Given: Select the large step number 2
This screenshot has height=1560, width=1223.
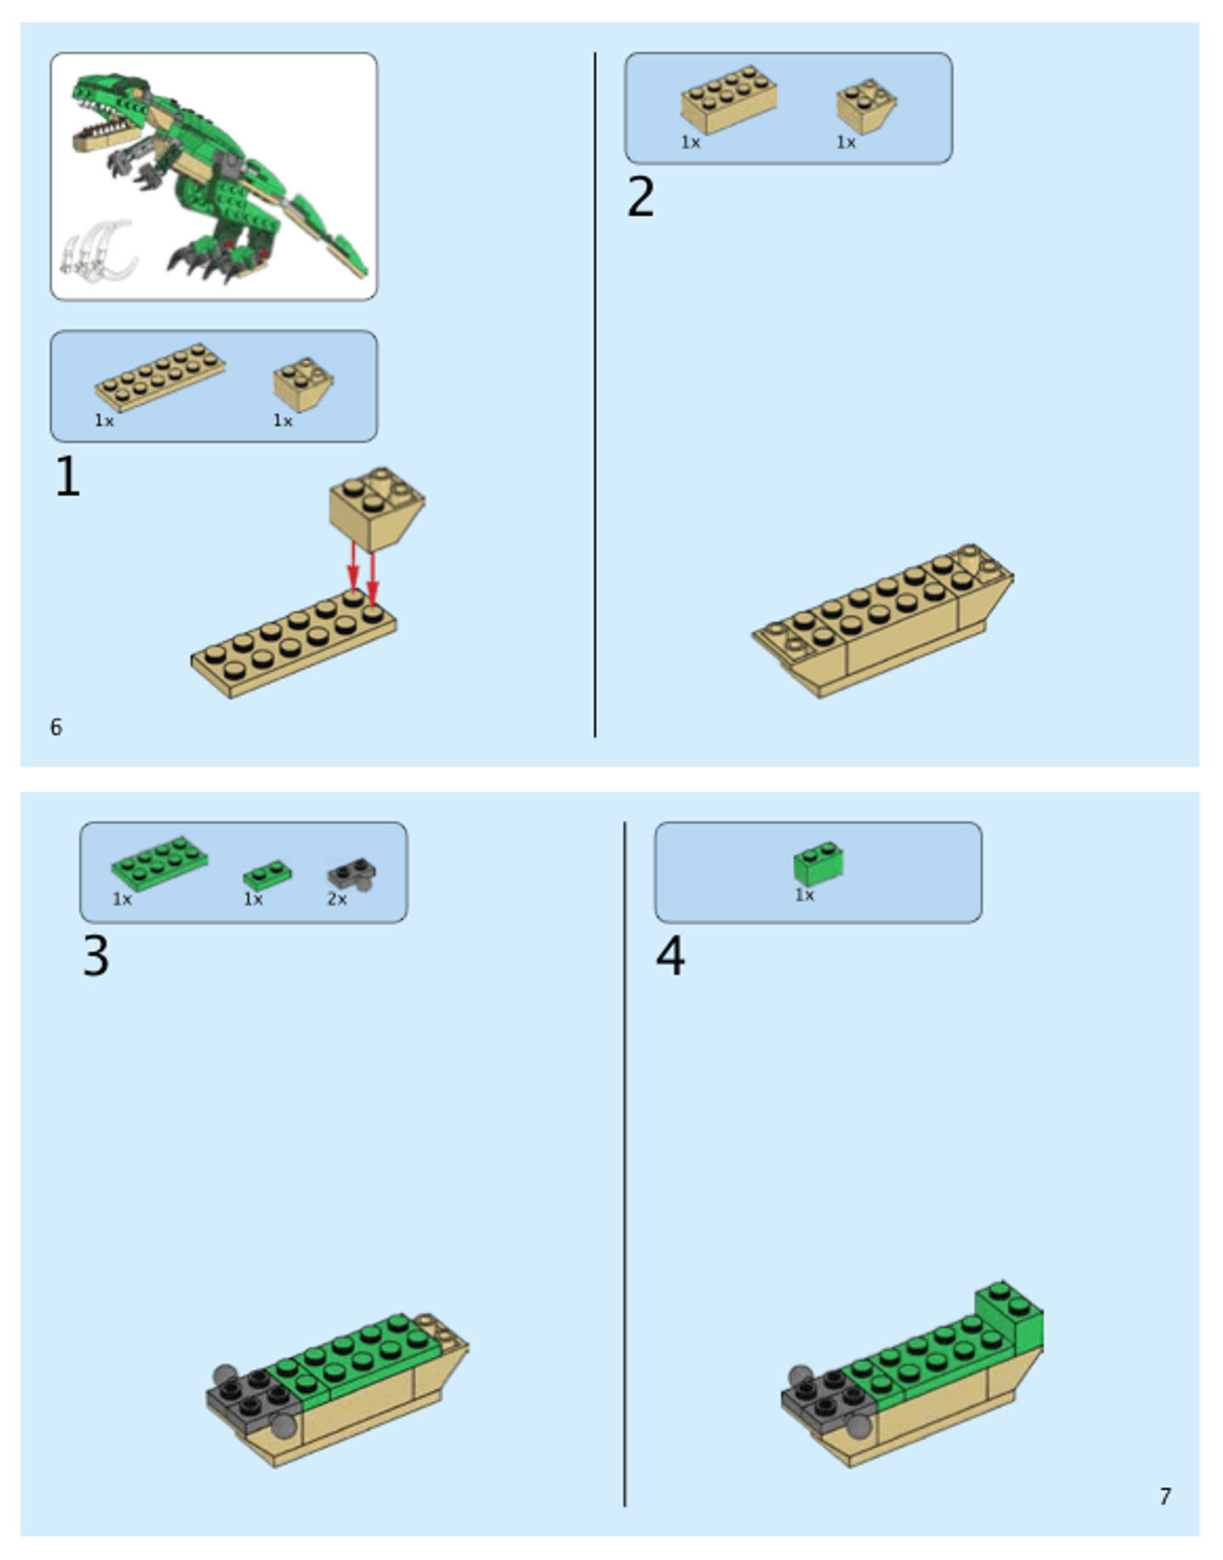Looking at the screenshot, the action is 641,196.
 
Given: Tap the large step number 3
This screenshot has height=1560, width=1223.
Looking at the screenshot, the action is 96,956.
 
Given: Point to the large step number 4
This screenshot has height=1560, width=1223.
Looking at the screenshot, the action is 670,956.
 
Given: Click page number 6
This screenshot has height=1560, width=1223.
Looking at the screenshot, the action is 56,727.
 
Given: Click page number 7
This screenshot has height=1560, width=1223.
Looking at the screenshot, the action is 1165,1496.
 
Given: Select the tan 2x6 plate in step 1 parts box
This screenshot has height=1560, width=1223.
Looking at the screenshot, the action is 160,377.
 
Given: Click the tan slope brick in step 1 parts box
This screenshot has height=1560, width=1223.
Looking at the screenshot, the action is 303,384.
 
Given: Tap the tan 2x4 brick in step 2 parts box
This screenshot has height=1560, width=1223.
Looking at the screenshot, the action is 729,99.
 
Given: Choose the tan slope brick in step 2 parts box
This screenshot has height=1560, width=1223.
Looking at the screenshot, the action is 866,106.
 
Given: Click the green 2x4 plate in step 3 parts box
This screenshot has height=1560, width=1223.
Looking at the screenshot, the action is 160,863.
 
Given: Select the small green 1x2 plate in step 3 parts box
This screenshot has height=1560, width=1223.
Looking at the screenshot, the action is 268,874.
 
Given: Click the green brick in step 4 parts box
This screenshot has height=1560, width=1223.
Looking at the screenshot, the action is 819,863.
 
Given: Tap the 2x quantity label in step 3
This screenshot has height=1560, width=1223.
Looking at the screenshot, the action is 337,899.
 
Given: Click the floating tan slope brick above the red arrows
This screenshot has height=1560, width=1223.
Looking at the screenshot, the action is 377,508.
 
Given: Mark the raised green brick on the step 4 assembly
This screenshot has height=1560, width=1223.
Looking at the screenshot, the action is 1010,1314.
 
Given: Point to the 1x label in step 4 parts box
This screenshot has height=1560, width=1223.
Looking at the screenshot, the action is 804,896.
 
